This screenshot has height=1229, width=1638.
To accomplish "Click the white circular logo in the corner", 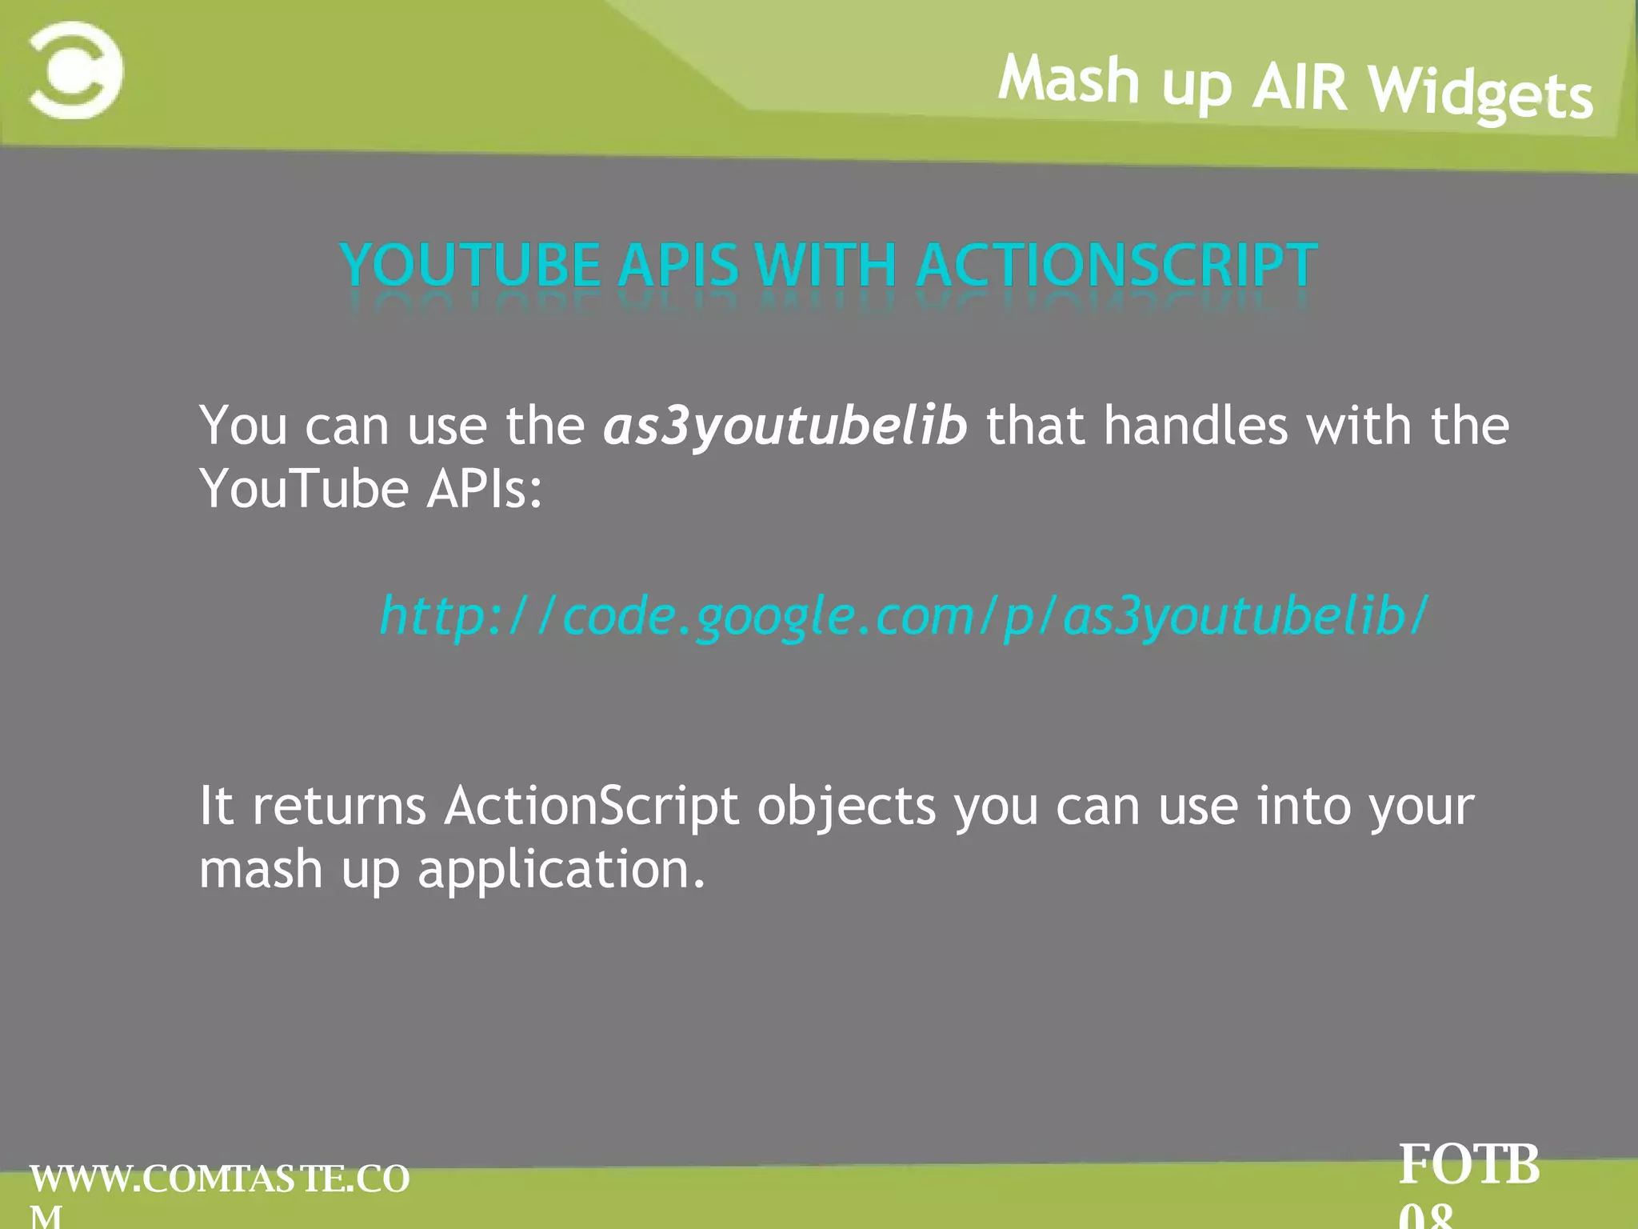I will tap(76, 70).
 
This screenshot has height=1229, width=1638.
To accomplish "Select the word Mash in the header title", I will tap(1069, 79).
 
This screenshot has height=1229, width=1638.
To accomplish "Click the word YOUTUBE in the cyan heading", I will tap(470, 265).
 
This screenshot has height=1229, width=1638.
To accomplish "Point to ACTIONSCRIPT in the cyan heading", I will tap(1117, 265).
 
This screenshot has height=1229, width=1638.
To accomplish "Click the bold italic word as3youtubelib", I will tap(785, 425).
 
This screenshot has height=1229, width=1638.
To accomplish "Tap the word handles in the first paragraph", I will tap(1196, 425).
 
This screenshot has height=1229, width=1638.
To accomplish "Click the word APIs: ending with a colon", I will tap(484, 489).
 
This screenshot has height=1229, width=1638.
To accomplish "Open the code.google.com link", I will tap(903, 616).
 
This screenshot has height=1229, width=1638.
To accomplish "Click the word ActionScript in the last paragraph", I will tap(591, 806).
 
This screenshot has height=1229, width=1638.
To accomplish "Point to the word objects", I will tap(846, 807).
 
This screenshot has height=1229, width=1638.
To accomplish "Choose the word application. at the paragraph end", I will tap(561, 871).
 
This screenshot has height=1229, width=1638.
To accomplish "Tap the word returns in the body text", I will tap(339, 806).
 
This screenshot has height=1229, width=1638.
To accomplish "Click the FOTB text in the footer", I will tap(1468, 1165).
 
